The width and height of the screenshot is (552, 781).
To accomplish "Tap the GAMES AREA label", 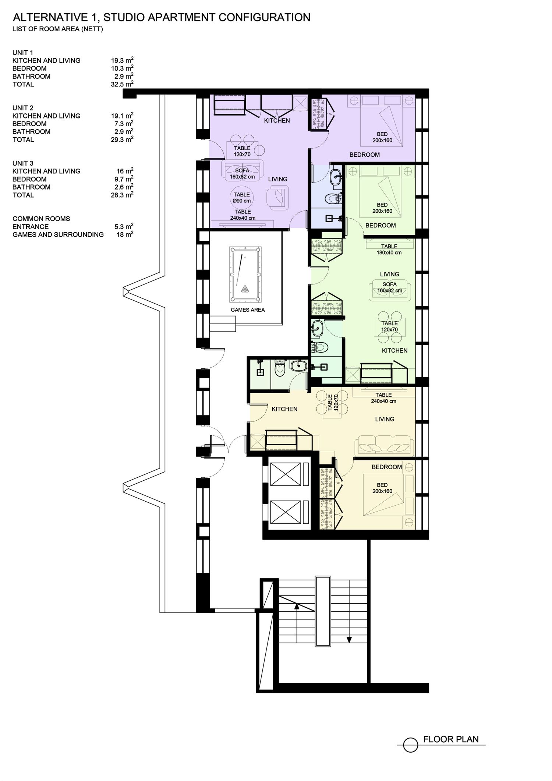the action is coord(248,310).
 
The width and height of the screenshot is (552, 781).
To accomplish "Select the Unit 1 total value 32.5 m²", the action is coord(122,84).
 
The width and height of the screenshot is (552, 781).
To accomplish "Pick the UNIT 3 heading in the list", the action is coord(23,163).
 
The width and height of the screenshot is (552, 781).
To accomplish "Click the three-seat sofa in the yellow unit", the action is coord(383,445).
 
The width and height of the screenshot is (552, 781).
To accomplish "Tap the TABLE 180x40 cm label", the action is coord(389,250).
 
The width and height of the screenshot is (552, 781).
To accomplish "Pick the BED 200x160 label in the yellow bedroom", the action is coord(382,488).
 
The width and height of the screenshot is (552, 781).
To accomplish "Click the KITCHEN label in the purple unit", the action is coord(277,120).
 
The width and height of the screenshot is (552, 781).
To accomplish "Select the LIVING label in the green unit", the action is coord(389,274).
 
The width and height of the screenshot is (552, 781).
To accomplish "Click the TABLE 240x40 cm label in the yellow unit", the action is coord(383,398).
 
